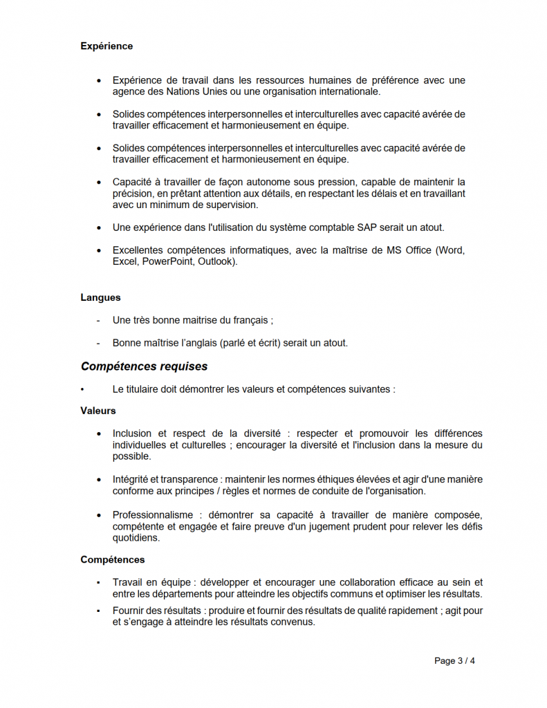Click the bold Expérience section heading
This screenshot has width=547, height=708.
click(106, 46)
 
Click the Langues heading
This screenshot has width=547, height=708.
click(100, 297)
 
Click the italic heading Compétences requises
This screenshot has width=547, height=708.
click(144, 366)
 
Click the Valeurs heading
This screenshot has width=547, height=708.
click(98, 411)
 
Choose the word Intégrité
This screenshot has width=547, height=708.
click(130, 479)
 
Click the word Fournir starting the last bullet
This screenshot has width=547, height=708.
click(129, 611)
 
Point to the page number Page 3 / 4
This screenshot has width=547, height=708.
click(454, 661)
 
